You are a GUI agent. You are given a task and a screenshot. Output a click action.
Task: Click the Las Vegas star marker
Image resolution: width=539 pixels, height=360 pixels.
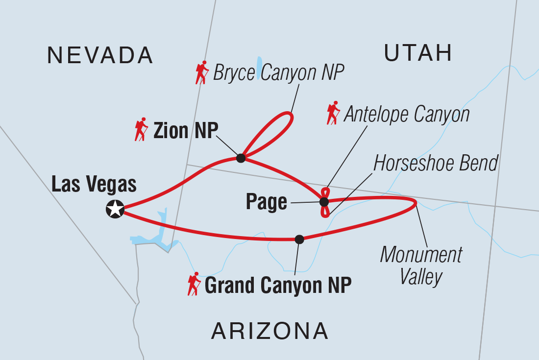(x=115, y=209)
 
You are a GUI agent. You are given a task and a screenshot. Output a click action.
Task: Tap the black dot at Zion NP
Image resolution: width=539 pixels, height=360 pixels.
(x=241, y=158)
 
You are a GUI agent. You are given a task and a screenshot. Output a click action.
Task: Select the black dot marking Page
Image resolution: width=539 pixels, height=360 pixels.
(x=324, y=202)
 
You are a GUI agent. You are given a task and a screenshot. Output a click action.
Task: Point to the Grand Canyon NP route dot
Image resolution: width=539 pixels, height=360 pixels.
(x=299, y=239)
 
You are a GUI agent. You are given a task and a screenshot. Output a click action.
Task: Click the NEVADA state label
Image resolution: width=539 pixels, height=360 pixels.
(x=100, y=55)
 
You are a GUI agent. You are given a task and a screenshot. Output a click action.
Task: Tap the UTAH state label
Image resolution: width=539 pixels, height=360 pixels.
(x=417, y=52)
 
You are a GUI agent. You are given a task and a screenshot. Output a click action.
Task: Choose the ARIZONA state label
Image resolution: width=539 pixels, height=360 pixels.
(x=269, y=332)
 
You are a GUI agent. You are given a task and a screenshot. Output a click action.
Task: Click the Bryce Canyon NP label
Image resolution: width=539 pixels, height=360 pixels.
(x=279, y=73)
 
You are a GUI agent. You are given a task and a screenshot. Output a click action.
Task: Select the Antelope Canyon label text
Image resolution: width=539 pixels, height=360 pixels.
(x=407, y=115)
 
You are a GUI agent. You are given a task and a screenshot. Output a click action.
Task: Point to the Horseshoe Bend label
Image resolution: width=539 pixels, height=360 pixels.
(x=436, y=163)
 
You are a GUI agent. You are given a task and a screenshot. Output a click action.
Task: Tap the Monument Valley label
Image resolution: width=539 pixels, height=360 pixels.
(x=421, y=265)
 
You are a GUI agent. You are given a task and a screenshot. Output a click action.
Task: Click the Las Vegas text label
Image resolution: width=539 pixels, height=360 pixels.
(x=94, y=185)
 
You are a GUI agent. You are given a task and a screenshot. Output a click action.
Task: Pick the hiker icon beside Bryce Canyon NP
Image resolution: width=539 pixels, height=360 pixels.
(x=202, y=72)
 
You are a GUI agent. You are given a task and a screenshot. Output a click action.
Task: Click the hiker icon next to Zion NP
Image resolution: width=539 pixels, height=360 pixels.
(x=142, y=129)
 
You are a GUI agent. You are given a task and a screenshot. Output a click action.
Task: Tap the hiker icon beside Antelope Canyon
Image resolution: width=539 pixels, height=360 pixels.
(x=334, y=113)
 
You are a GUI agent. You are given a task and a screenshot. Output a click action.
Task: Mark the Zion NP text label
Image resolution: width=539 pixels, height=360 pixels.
(x=185, y=131)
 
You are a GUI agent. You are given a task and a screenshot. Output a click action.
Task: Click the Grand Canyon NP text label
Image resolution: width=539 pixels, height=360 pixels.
(x=278, y=286)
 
